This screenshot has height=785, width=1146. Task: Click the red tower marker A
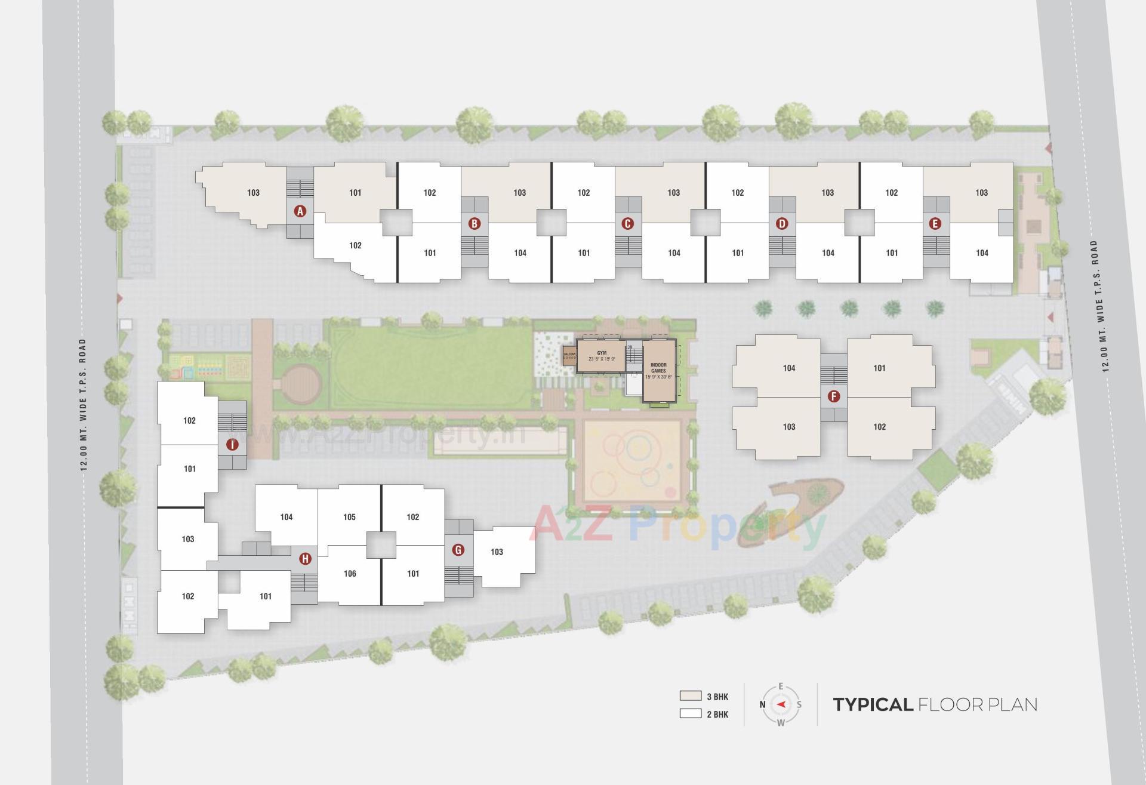300,211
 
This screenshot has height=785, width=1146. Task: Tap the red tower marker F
834,396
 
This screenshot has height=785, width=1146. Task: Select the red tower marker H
305,559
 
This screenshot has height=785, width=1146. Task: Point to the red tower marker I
232,444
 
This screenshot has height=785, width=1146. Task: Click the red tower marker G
458,549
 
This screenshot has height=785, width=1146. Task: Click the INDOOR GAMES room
658,371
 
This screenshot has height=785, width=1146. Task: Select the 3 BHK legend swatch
690,696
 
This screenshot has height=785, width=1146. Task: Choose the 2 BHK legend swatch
690,713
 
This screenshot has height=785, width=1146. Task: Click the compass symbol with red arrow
781,704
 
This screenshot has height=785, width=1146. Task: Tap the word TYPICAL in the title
873,704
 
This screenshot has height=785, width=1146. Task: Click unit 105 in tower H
350,517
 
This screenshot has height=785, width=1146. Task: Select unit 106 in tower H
350,574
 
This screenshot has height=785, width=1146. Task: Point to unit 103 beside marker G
497,552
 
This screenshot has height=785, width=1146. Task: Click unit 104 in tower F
789,368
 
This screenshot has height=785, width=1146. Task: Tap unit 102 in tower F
879,427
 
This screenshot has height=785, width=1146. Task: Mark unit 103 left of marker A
253,193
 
